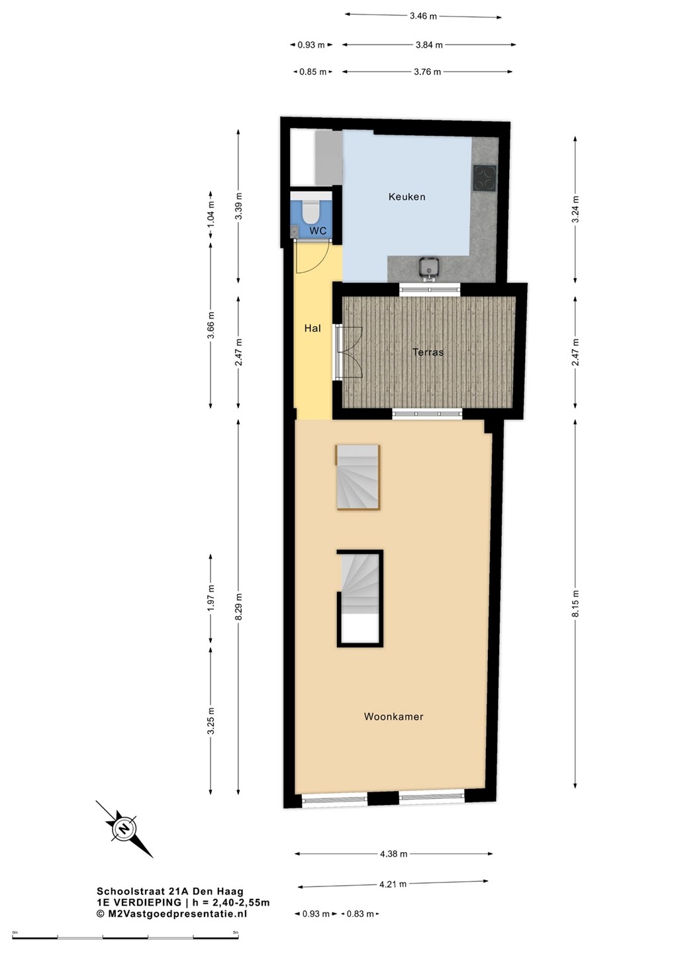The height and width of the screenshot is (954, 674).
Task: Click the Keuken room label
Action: tap(407, 197)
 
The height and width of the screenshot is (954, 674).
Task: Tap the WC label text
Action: tap(318, 231)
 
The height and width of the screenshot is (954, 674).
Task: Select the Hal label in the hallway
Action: tap(313, 329)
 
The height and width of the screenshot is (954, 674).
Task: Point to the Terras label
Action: tap(428, 352)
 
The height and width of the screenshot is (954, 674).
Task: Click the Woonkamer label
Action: tap(393, 717)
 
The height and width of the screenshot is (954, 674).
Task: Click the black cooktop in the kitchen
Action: tap(485, 177)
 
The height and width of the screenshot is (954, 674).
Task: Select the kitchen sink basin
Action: tap(429, 268)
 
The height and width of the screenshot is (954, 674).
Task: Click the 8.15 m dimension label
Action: tap(575, 603)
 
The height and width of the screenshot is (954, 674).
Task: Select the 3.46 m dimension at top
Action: tap(423, 16)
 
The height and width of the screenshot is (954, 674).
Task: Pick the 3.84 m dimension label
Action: tap(429, 45)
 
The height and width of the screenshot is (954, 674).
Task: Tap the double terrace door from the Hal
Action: tap(348, 352)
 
